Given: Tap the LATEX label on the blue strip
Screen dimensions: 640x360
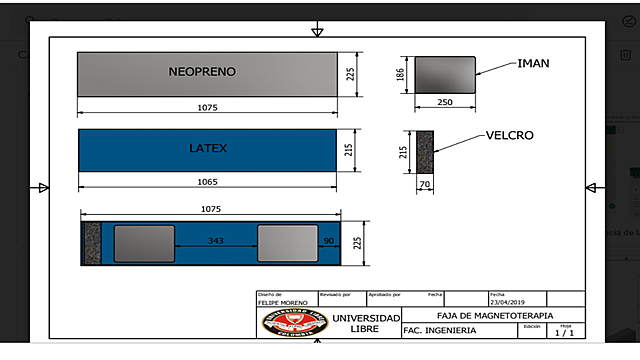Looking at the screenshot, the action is (208, 149).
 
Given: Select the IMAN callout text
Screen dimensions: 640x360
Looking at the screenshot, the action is (533, 64).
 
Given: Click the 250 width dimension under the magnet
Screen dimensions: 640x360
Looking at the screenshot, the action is (444, 103).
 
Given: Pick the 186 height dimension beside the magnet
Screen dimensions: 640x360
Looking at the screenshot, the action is (401, 75).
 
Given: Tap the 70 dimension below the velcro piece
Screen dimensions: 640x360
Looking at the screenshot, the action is (424, 186).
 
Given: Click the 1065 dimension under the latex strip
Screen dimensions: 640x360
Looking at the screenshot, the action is (208, 182).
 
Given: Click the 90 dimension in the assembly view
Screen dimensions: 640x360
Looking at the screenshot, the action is (327, 241).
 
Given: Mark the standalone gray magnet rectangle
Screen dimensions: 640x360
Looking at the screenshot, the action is (445, 74).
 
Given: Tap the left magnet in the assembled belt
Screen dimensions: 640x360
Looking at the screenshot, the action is (144, 243).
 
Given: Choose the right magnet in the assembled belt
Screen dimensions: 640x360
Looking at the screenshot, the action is (287, 243).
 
